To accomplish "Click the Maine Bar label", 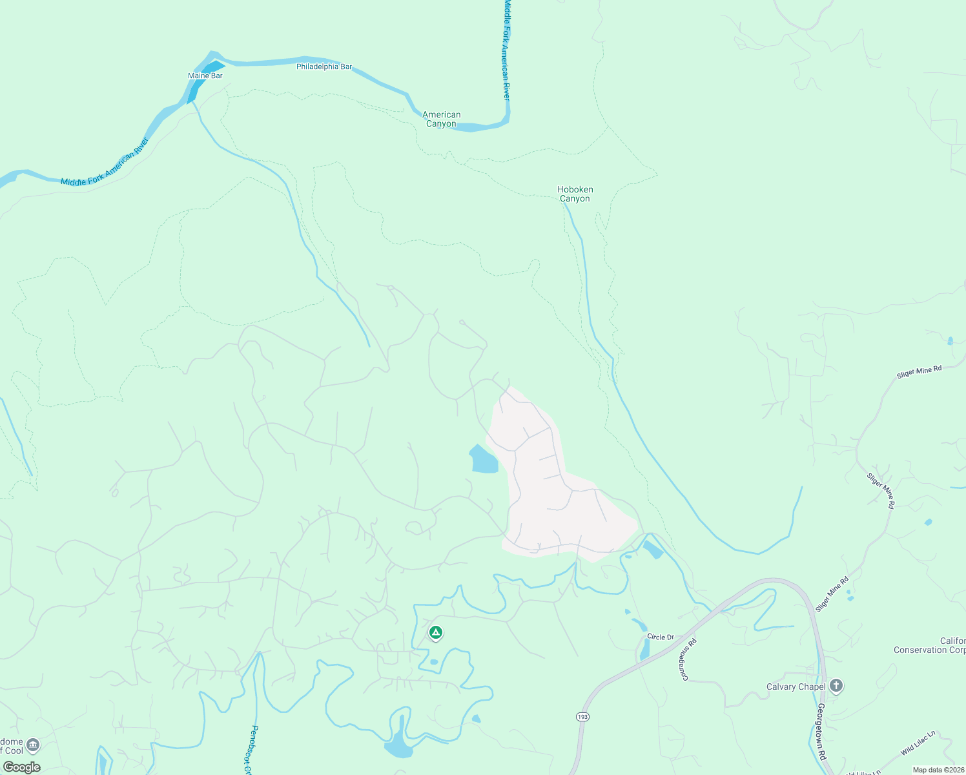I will (205, 76).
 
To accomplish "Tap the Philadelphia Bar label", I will (324, 67).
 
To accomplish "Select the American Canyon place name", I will (441, 119).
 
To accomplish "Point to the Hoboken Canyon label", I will (575, 194).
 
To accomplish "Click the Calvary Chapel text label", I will (796, 687).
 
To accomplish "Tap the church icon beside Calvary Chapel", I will (836, 685).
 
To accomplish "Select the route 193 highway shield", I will (583, 717).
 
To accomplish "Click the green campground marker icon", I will (436, 633).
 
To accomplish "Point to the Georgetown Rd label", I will (821, 731).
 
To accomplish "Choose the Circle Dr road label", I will (661, 637).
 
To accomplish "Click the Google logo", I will (21, 767).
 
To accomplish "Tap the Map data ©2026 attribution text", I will (938, 770).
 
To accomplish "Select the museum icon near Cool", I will (33, 745).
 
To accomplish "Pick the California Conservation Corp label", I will (930, 645).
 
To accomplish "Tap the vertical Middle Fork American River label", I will (507, 50).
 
